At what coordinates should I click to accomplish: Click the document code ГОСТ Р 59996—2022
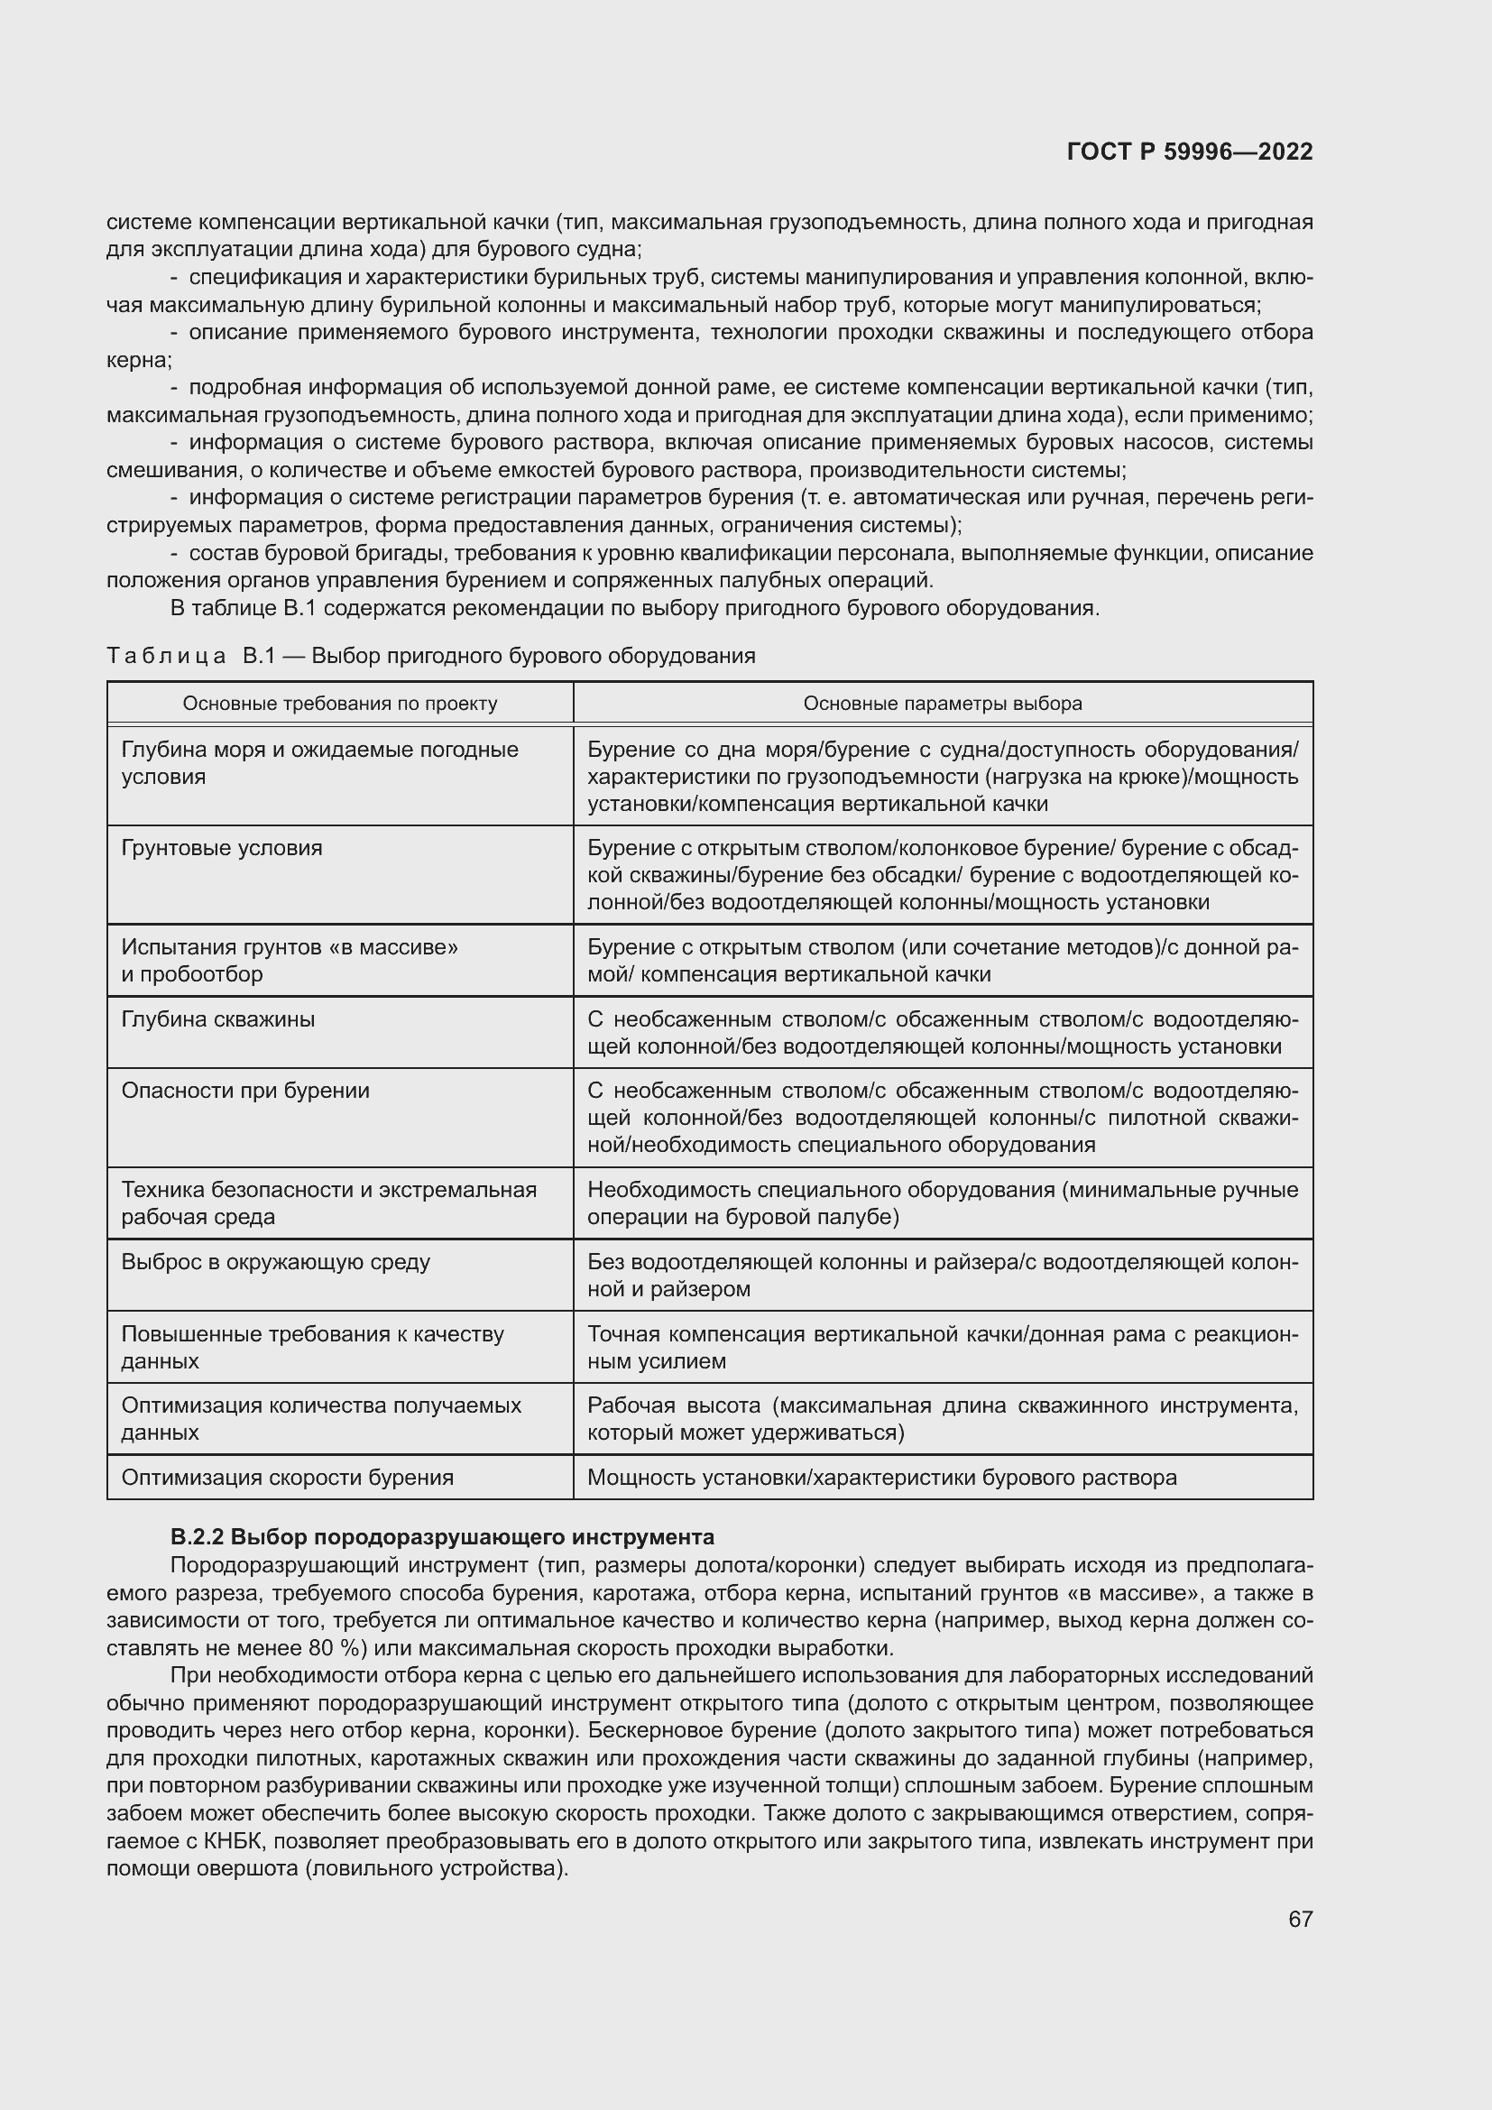[x=1190, y=152]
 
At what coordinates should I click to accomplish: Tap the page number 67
[x=1300, y=1919]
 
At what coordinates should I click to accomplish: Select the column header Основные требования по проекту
[x=340, y=703]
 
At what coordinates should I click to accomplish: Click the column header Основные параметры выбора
[x=943, y=703]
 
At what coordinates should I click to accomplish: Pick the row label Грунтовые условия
[x=221, y=847]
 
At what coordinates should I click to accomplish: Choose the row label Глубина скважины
[x=217, y=1019]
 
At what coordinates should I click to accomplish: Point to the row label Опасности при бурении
[x=245, y=1091]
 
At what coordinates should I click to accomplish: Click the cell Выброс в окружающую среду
[x=276, y=1262]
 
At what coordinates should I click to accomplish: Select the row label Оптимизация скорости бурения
[x=288, y=1478]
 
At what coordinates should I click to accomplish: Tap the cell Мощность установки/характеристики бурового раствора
[x=882, y=1478]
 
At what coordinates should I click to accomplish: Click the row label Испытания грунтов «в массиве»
[x=290, y=946]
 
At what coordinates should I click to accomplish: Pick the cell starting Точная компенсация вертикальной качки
[x=943, y=1346]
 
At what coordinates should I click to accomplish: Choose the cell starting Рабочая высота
[x=943, y=1418]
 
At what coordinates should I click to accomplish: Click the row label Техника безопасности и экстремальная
[x=329, y=1190]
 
